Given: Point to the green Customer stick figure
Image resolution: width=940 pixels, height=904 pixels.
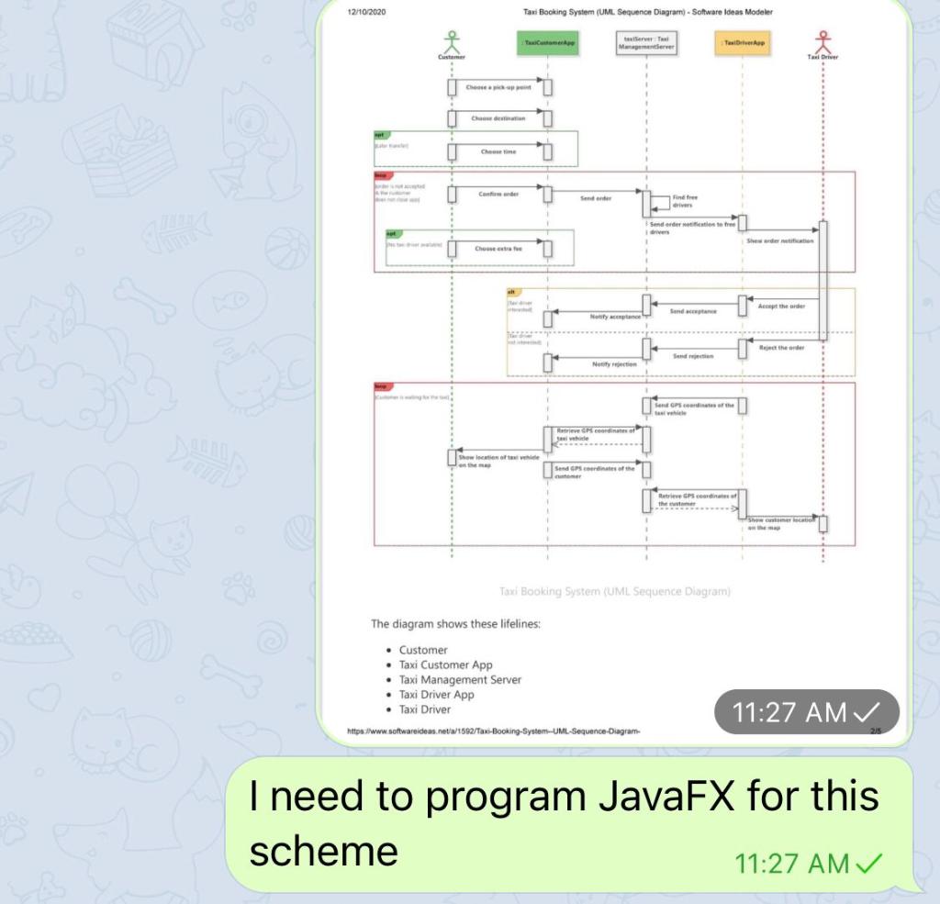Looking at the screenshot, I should click(x=452, y=41).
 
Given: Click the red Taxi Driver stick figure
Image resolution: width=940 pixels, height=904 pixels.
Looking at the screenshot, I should click(x=822, y=41).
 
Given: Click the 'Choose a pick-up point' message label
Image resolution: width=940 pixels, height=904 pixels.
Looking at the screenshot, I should click(x=499, y=87).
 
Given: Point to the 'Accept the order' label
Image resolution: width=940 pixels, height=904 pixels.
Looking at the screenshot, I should click(x=781, y=306).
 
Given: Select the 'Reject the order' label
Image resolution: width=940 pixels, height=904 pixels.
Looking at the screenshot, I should click(x=781, y=348).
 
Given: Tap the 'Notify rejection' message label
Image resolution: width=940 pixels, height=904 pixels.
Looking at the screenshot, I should click(x=614, y=363).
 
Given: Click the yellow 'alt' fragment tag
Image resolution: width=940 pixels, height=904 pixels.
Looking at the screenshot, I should click(x=513, y=293).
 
